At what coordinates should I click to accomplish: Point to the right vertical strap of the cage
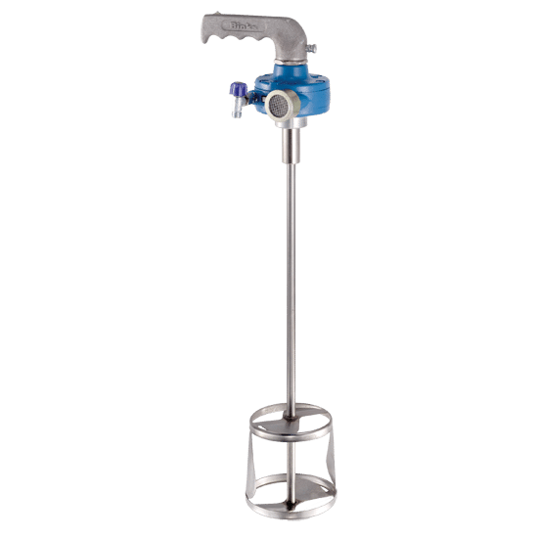point(333,460)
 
